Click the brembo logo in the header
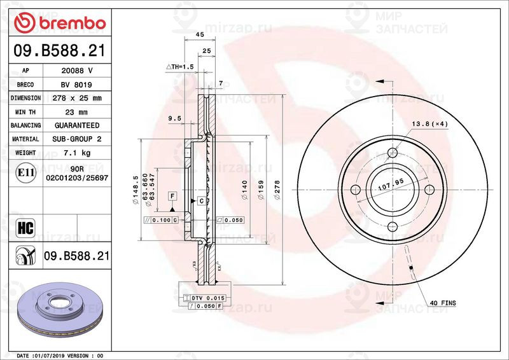coord(59,24)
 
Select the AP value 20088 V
coord(77,71)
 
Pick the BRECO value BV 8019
coord(77,85)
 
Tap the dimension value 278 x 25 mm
coord(77,98)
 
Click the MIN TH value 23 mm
coord(77,112)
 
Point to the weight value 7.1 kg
coord(77,153)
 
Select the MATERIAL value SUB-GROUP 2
coord(77,139)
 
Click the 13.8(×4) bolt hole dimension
coord(430,123)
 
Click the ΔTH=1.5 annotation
coord(179,67)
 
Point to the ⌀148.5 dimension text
coord(136,190)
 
